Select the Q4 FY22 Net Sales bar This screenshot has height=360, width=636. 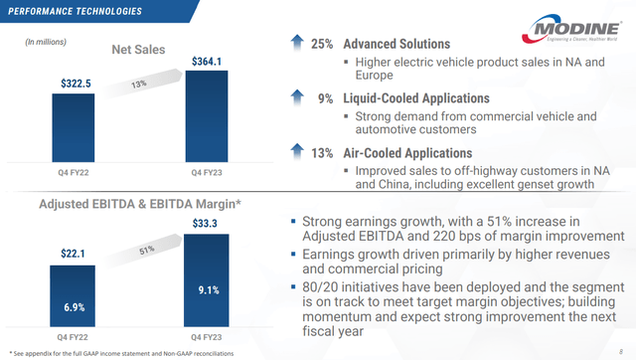(x=73, y=123)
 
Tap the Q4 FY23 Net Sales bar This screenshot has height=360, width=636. (x=208, y=113)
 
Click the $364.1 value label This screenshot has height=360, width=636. (x=208, y=62)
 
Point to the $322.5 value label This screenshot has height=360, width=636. (x=73, y=84)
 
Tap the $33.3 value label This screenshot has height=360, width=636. (x=208, y=224)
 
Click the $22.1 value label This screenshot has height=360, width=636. (x=73, y=255)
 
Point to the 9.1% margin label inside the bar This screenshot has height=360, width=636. (x=208, y=291)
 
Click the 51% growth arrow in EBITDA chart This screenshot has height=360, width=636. (x=140, y=251)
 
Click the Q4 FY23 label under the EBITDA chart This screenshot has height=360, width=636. (x=208, y=335)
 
